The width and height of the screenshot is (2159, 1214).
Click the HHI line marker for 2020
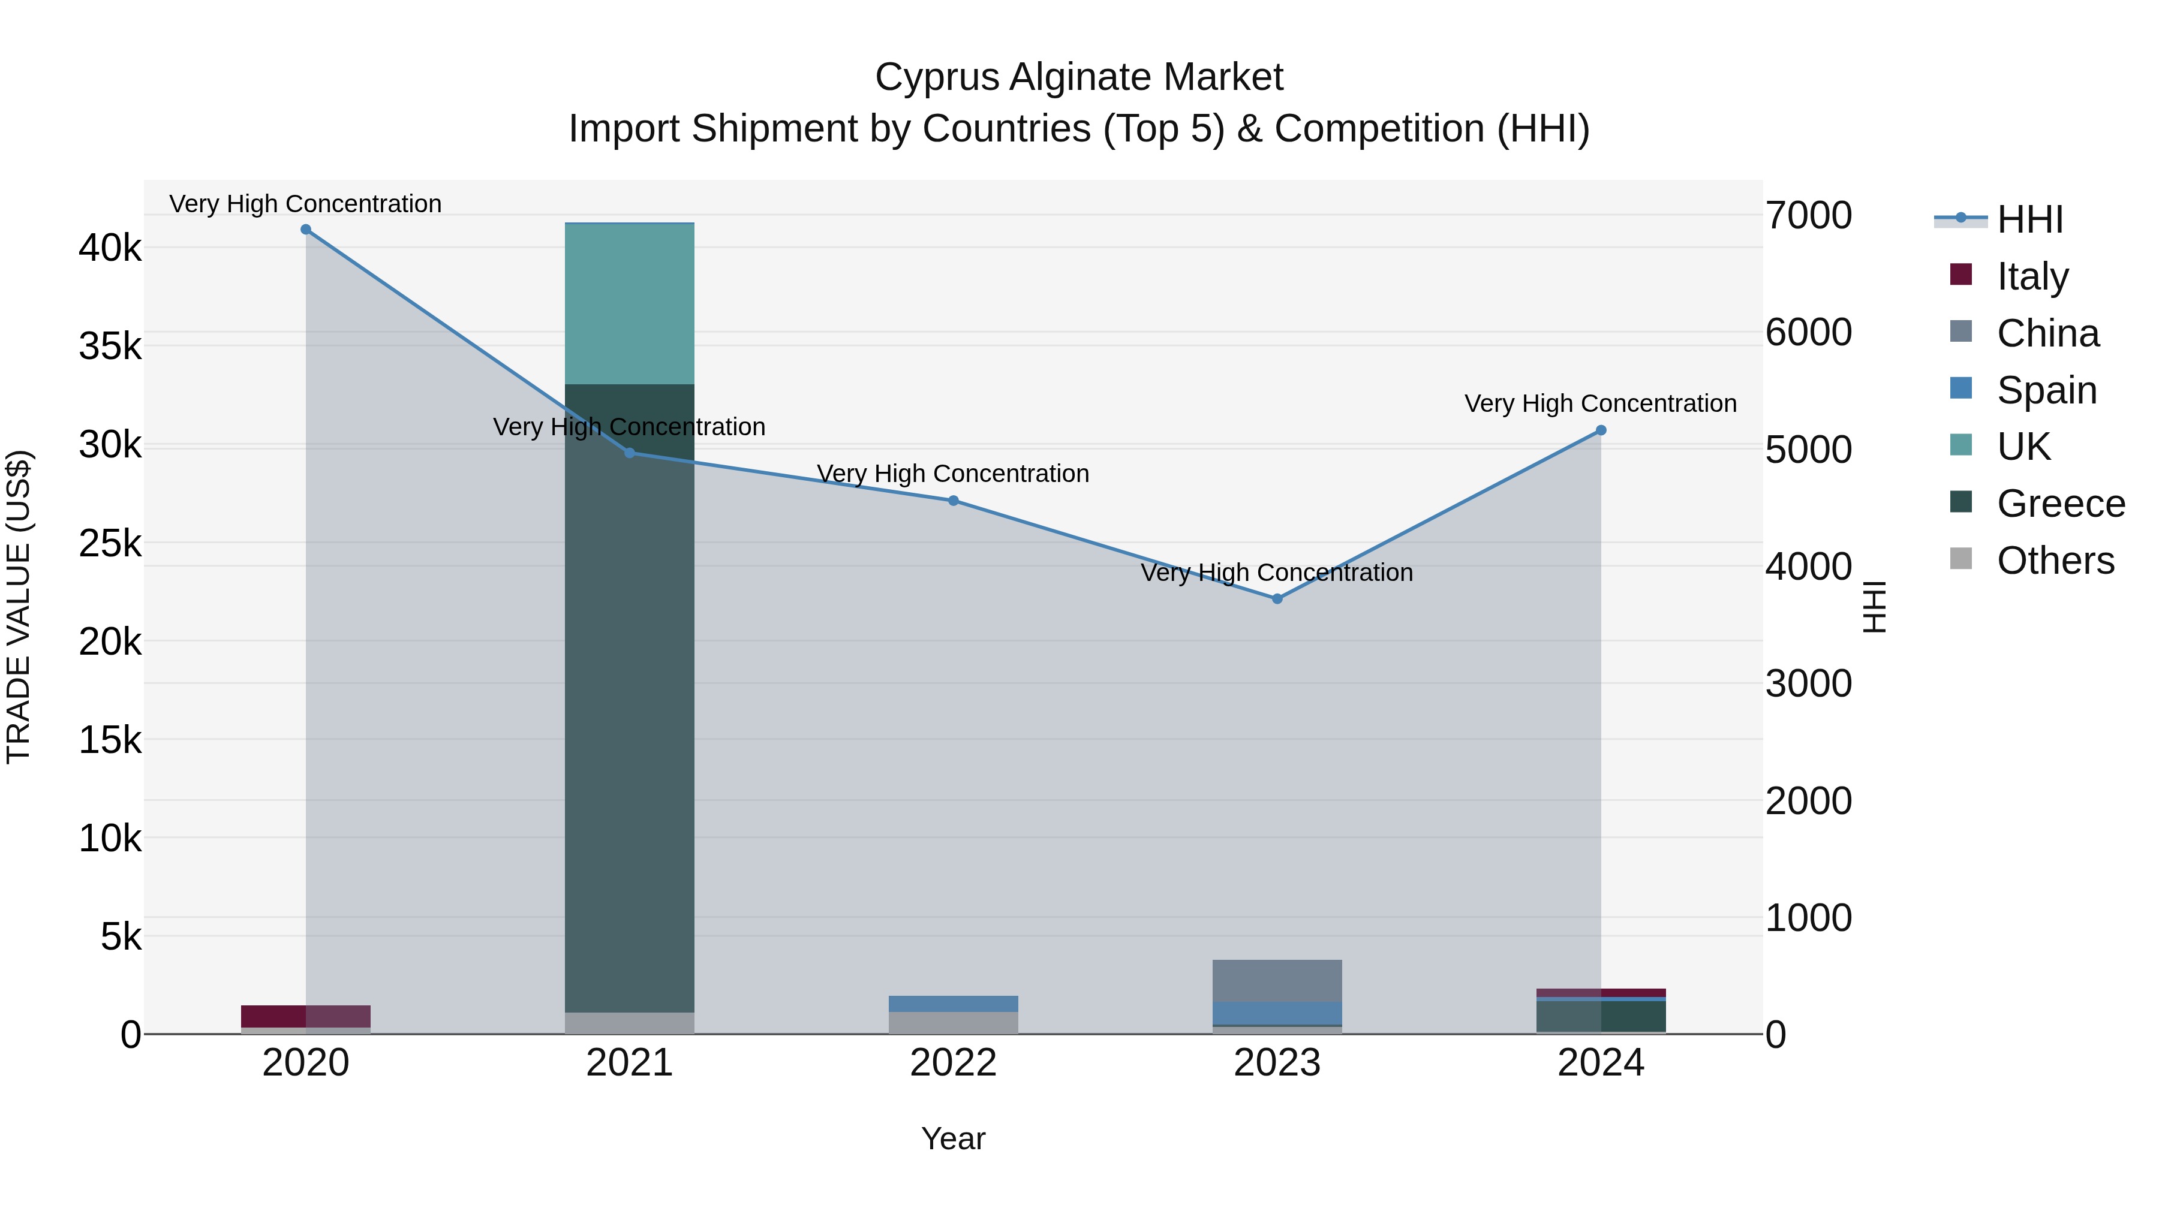[306, 230]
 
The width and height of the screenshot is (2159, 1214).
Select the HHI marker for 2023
[1277, 599]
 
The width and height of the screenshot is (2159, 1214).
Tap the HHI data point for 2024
[1601, 430]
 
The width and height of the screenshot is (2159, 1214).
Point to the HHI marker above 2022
[953, 501]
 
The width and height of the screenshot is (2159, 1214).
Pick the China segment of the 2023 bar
[1277, 980]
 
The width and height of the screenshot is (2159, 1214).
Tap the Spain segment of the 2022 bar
[953, 1004]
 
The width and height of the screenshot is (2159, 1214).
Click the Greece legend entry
[2060, 504]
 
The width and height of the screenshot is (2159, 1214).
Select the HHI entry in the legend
[2029, 219]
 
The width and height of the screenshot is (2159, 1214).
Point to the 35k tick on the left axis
[110, 346]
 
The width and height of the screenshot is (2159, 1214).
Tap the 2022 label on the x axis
[953, 1063]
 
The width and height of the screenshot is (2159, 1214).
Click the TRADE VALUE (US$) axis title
[19, 607]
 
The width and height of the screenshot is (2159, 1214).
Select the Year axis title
[953, 1138]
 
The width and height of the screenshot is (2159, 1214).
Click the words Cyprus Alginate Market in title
[1079, 77]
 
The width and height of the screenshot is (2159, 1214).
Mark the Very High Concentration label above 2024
[1600, 404]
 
